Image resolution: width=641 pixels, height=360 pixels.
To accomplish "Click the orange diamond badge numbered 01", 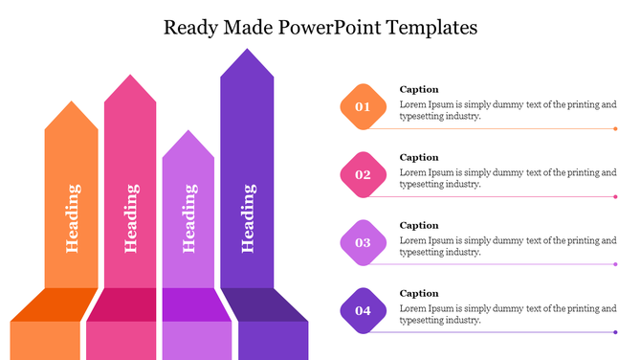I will pos(363,107).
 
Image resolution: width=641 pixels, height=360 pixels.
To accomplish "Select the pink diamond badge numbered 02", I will pos(363,174).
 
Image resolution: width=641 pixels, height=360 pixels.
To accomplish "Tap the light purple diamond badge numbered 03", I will pos(363,242).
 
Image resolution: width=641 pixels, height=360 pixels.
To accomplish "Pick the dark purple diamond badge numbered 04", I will pos(363,310).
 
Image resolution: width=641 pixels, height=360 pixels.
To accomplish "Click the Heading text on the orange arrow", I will pos(72,218).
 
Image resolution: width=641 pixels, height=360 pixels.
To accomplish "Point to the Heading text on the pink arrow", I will pos(130,218).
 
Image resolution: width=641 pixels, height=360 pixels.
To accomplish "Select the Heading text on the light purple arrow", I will pos(188,218).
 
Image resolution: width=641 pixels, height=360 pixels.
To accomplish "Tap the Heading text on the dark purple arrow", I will pos(247,218).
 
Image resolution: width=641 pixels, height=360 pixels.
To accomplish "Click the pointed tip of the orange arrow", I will pos(72,103).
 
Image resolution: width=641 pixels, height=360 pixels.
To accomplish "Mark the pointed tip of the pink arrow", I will pos(130,77).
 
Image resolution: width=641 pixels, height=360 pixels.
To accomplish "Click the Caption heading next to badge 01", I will pos(419,89).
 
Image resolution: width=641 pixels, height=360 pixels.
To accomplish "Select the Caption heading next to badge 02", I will pos(419,157).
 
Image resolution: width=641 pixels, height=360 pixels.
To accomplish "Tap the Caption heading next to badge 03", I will pos(419,225).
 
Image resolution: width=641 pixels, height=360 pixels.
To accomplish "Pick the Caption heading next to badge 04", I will pos(419,293).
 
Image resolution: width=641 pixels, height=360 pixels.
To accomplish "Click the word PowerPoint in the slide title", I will pos(329,27).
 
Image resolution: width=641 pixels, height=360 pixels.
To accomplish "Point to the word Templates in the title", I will pos(431,27).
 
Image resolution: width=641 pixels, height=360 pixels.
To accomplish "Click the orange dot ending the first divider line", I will pos(615,128).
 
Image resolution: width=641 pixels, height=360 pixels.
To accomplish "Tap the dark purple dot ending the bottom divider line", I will pos(615,332).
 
